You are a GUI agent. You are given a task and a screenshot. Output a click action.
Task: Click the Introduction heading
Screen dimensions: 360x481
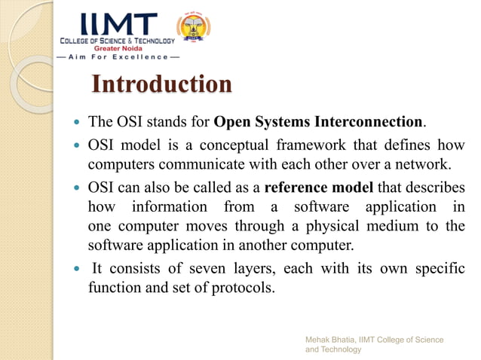pos(161,84)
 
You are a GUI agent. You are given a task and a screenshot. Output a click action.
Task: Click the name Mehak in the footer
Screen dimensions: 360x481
pos(320,340)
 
